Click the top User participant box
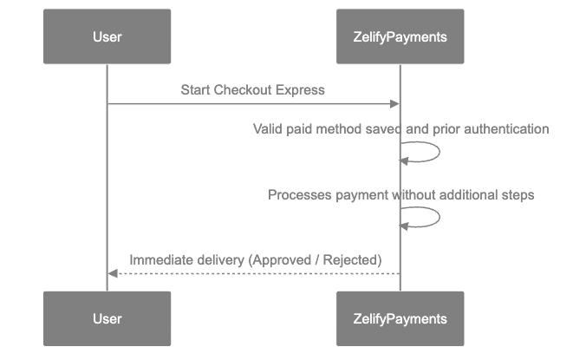coord(107,36)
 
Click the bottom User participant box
coord(107,318)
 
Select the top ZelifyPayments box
coord(400,36)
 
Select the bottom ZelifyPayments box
coord(400,318)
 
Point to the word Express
coord(300,89)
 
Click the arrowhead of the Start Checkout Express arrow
coord(395,104)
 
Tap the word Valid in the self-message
coord(267,129)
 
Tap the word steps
coord(517,195)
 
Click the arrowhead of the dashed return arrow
coord(112,273)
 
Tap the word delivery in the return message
coord(218,259)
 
